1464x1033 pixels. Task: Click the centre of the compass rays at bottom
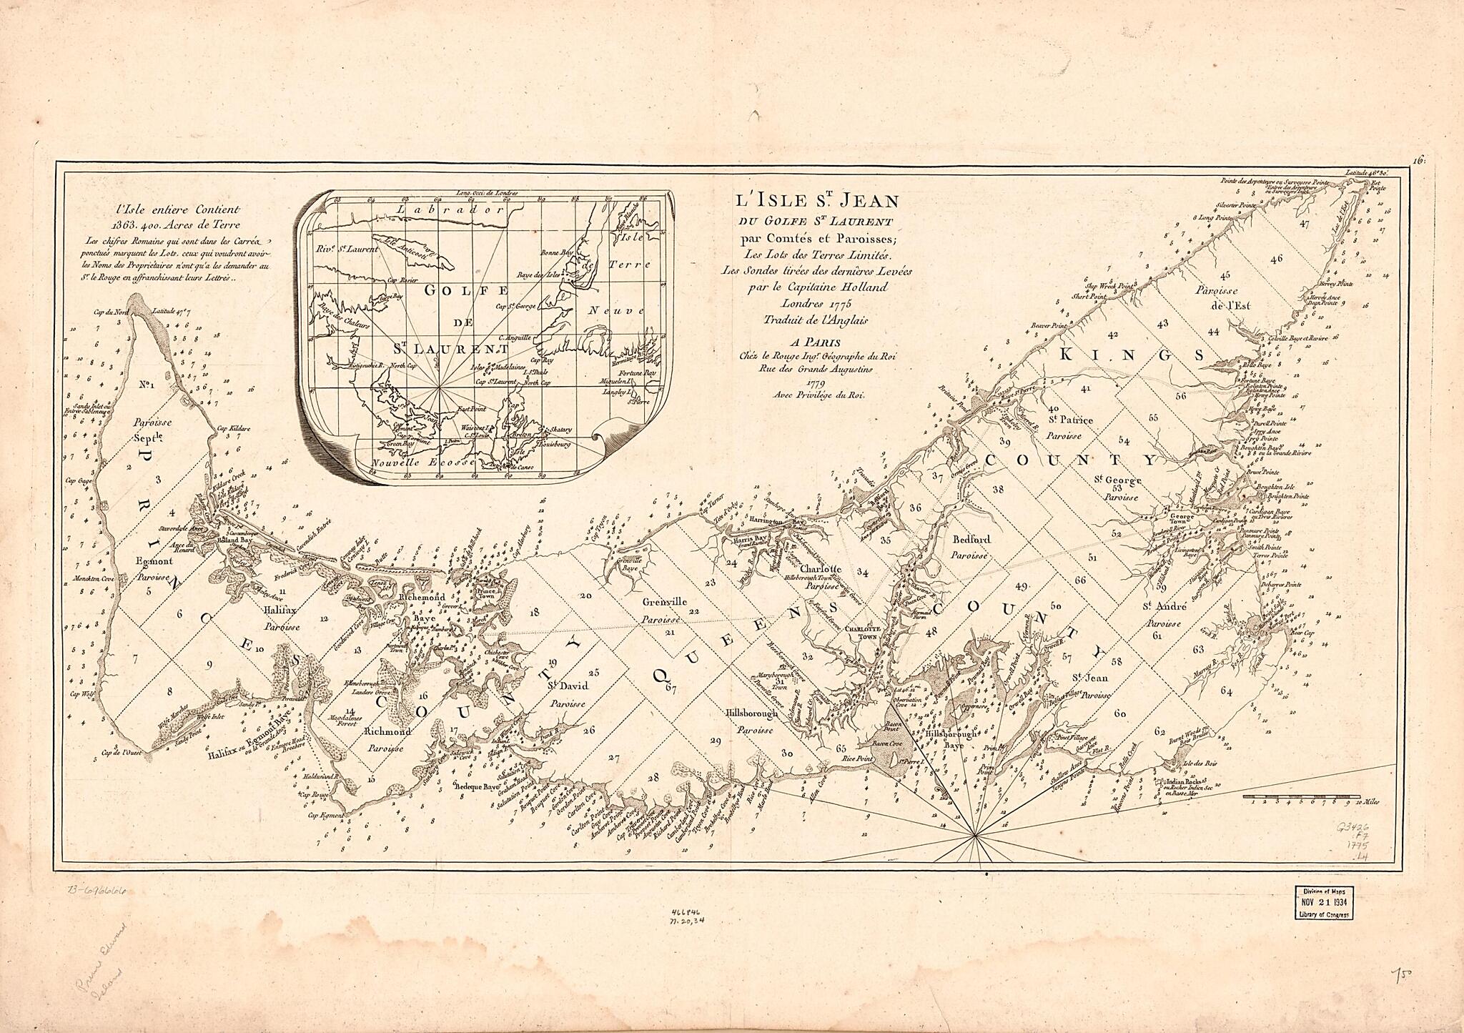(974, 835)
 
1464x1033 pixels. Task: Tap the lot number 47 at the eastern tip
(1305, 244)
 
